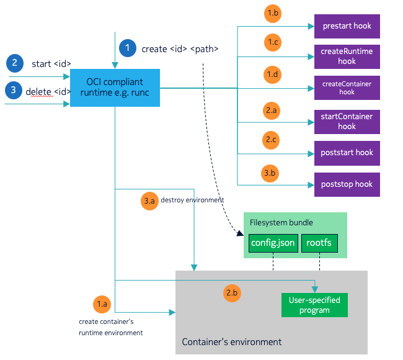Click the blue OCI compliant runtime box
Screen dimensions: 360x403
[x=115, y=88]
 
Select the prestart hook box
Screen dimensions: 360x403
[x=347, y=26]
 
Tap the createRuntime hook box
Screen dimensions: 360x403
[x=347, y=56]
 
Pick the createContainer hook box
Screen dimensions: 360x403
[x=347, y=88]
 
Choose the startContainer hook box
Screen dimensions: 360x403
[x=347, y=121]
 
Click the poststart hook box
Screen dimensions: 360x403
[x=347, y=153]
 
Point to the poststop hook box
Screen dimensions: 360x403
[x=347, y=184]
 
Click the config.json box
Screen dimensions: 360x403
[x=273, y=243]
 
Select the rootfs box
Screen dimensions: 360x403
[x=319, y=243]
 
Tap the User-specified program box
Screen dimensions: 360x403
[x=314, y=305]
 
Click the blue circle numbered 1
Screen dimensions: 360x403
[x=128, y=48]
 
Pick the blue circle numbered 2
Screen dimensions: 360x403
[x=14, y=63]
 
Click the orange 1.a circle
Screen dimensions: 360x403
[x=102, y=304]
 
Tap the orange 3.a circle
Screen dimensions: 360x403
[x=149, y=201]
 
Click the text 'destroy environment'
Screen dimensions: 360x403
[x=192, y=200]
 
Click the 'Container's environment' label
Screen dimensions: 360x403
[x=231, y=342]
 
